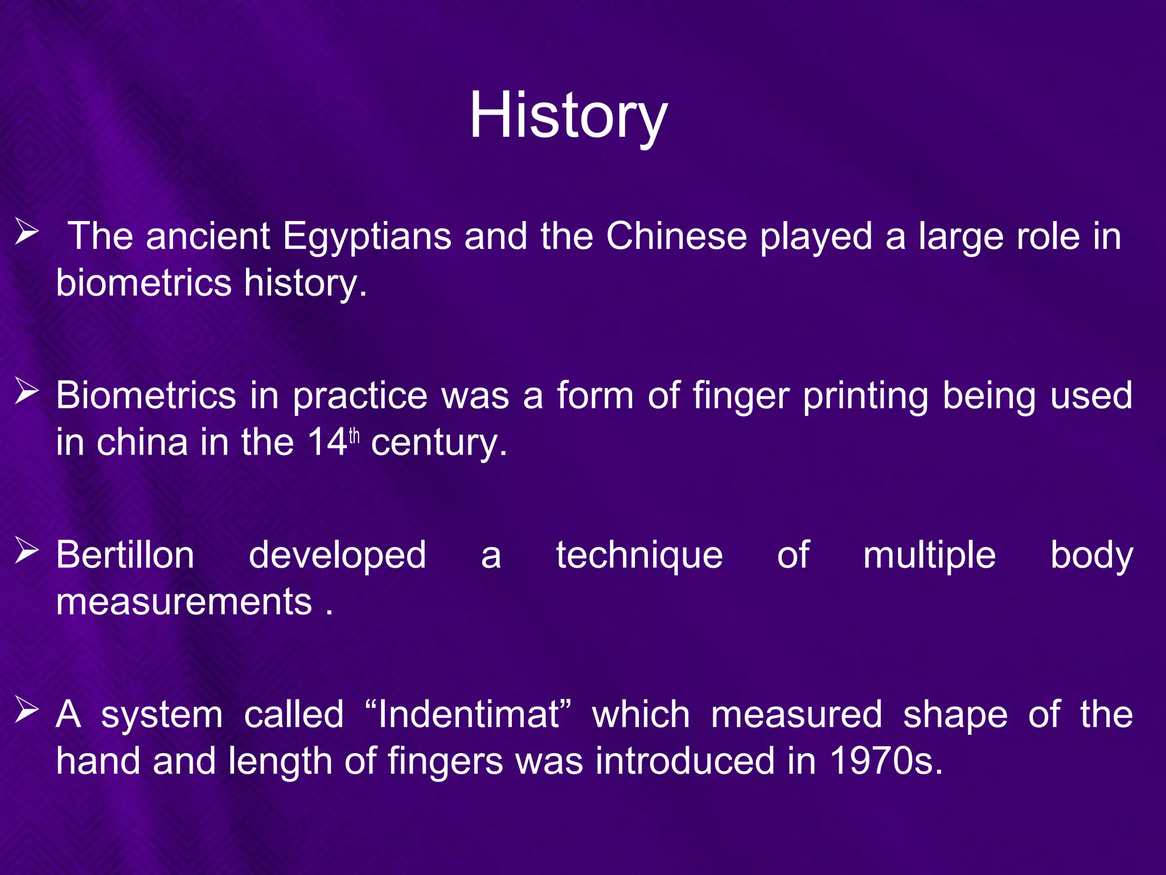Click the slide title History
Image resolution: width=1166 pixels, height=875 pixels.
[x=568, y=117]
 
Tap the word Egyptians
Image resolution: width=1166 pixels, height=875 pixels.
[x=367, y=236]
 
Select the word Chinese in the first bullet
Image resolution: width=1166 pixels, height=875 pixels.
[x=676, y=236]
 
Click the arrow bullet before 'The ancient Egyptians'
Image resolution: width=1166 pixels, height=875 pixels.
[x=27, y=234]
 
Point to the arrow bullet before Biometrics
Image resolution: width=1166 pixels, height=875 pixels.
[x=27, y=392]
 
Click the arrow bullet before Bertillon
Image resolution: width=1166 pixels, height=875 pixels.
[x=27, y=552]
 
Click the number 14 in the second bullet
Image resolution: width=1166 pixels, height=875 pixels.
[x=327, y=442]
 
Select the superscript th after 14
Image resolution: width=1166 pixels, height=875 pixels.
[x=354, y=436]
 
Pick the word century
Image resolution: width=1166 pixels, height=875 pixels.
[x=438, y=443]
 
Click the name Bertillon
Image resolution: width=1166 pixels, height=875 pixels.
[x=125, y=555]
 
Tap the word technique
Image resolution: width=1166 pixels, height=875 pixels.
[x=639, y=556]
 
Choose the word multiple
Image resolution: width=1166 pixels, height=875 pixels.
[x=929, y=556]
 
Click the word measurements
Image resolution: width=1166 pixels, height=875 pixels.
[x=184, y=602]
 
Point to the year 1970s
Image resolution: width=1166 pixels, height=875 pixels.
[x=886, y=761]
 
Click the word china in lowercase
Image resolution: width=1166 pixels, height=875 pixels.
[x=142, y=442]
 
